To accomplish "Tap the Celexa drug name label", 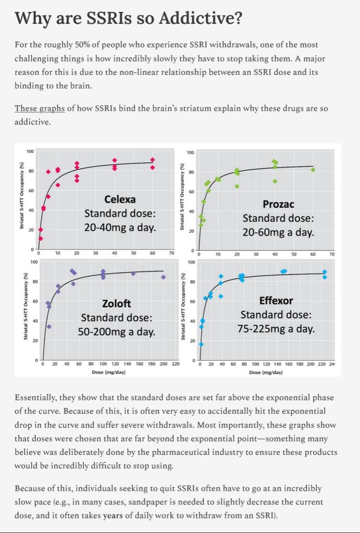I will (120, 199).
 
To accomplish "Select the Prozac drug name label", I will (279, 204).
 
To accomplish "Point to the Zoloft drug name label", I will (116, 303).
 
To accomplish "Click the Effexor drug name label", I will (276, 300).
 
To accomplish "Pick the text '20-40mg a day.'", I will (120, 227).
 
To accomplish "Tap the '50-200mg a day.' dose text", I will (116, 332).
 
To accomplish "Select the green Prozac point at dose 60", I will (313, 170).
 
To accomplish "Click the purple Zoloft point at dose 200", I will (164, 277).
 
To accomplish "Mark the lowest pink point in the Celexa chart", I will (40, 239).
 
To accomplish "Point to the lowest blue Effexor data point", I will (201, 344).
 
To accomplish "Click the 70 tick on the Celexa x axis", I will (171, 253).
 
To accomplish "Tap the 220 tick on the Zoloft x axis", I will (176, 364).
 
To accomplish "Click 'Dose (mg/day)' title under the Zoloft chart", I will (110, 372).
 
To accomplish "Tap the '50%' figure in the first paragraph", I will (72, 45).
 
